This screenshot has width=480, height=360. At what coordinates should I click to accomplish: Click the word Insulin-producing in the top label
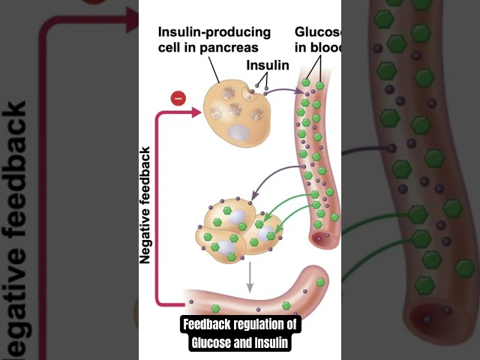pyautogui.click(x=214, y=32)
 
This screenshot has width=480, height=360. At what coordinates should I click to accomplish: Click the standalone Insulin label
pyautogui.click(x=268, y=65)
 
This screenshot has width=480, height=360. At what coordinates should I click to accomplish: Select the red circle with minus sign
pyautogui.click(x=178, y=97)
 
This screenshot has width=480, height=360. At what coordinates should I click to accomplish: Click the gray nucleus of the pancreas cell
pyautogui.click(x=238, y=133)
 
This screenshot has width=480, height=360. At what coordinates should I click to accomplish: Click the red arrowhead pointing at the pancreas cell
pyautogui.click(x=196, y=112)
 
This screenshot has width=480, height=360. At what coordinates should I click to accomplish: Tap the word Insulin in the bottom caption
pyautogui.click(x=268, y=343)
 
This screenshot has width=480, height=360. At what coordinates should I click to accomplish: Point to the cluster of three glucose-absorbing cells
pyautogui.click(x=235, y=228)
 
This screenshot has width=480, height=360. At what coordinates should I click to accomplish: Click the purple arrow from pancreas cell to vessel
pyautogui.click(x=281, y=91)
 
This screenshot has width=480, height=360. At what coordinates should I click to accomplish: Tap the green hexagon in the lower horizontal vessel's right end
pyautogui.click(x=321, y=282)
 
